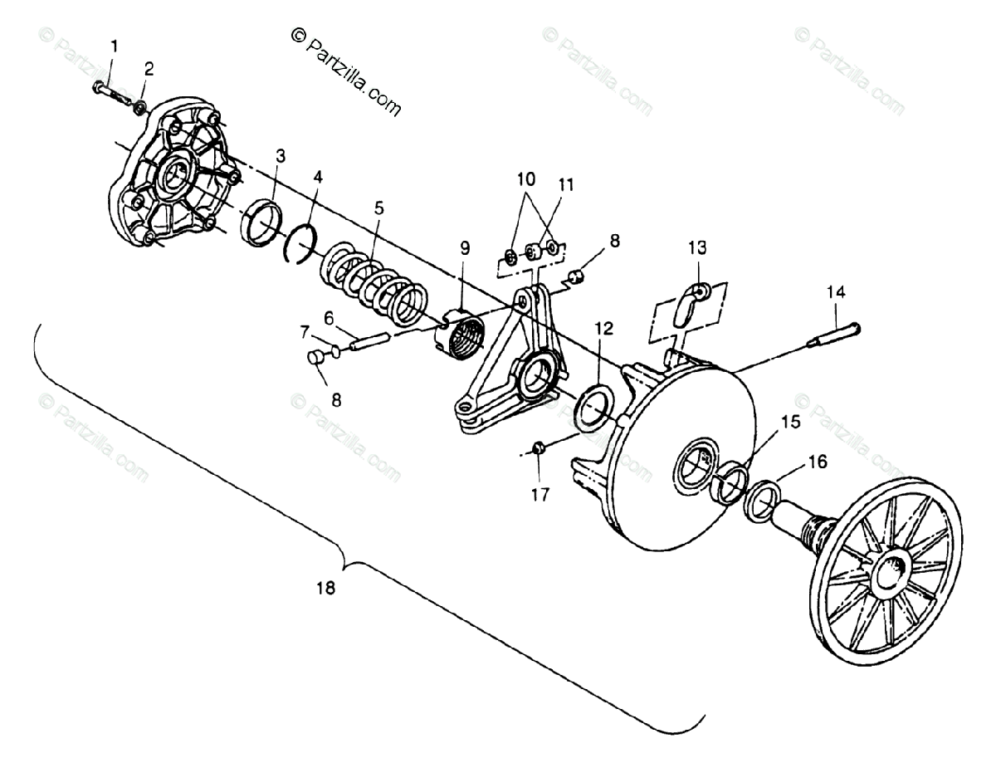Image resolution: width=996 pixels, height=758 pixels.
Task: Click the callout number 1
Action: tap(115, 46)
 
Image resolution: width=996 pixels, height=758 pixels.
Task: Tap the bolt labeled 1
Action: tap(110, 90)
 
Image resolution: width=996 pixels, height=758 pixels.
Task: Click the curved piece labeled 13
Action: tap(688, 303)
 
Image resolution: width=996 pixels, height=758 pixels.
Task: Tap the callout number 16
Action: tap(818, 462)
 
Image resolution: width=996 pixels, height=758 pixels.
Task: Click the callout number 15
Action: tap(790, 422)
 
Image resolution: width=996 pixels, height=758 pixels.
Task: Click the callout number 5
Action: tap(378, 208)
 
